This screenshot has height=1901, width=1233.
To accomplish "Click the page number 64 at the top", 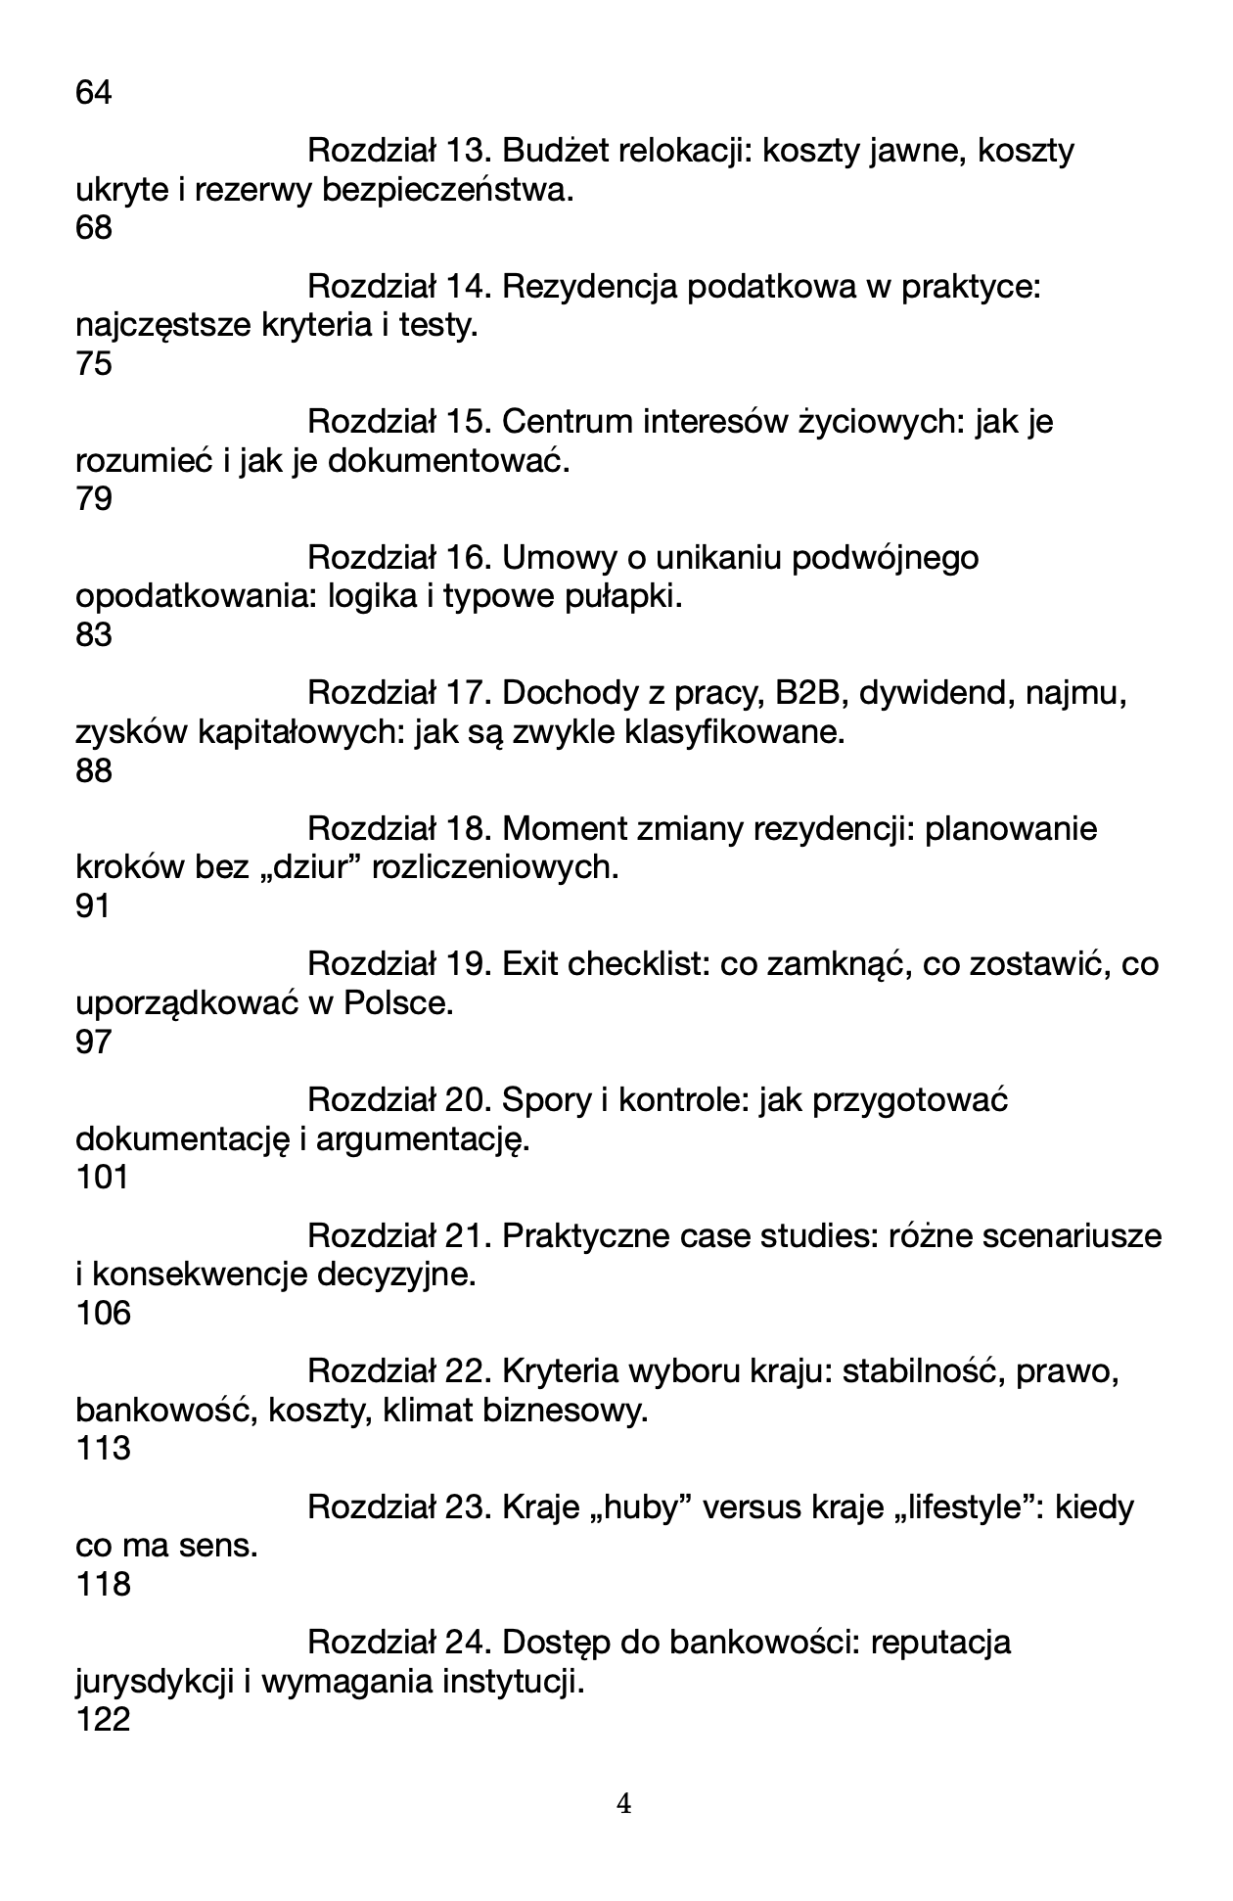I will (93, 94).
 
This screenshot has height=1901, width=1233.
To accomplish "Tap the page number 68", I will (93, 229).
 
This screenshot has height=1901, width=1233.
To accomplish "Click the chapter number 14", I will (466, 287).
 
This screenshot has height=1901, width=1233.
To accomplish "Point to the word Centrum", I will (567, 422).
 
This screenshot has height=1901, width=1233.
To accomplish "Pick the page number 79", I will (93, 500).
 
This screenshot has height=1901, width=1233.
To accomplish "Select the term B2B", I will (801, 693).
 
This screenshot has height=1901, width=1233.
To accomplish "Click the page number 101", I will (102, 1178).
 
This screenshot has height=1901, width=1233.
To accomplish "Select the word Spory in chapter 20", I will (544, 1100).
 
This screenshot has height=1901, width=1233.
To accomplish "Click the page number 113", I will (102, 1449).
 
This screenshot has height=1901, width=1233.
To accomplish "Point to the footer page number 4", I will (624, 1803).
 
